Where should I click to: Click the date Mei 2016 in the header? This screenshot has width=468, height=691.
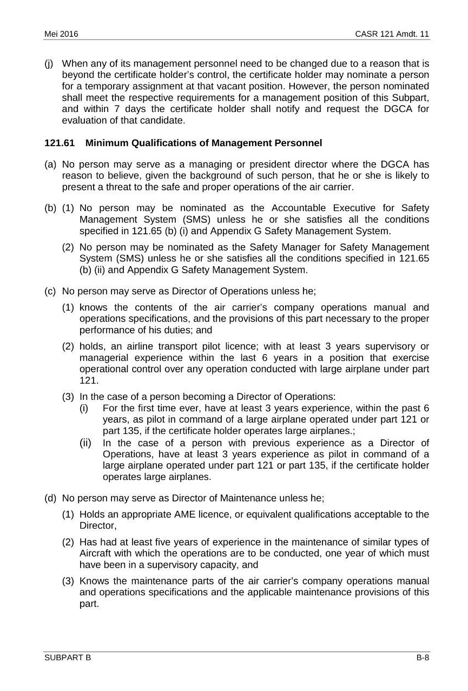61,34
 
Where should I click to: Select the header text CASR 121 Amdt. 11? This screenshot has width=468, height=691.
392,34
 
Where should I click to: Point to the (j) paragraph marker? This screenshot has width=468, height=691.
49,63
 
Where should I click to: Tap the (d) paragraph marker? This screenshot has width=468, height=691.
50,498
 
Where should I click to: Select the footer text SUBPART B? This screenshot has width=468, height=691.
68,657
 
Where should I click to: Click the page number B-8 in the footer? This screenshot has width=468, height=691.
423,657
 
